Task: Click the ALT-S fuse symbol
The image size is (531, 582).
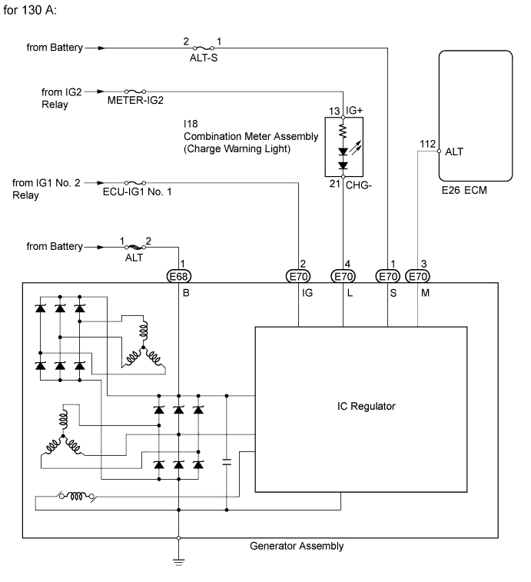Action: click(x=204, y=48)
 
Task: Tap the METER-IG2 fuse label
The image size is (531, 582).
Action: click(x=135, y=100)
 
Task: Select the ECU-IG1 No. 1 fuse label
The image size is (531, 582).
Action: click(x=138, y=191)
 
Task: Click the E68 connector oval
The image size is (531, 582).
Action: click(x=178, y=276)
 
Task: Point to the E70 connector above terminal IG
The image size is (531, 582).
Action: click(x=298, y=276)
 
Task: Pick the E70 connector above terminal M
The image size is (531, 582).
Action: click(x=417, y=276)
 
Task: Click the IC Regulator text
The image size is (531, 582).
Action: click(x=367, y=406)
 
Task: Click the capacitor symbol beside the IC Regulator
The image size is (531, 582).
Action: click(x=227, y=462)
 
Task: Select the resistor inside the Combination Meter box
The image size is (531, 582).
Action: click(x=343, y=131)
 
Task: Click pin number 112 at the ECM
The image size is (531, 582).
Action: click(x=427, y=144)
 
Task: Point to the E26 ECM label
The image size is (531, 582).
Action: click(x=464, y=190)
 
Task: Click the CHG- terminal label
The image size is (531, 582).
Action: click(x=359, y=185)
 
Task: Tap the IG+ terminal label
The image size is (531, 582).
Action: click(x=354, y=110)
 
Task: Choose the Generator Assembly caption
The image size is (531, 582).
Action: click(x=297, y=546)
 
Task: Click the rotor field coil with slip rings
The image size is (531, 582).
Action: click(x=77, y=496)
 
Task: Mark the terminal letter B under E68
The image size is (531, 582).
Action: click(x=186, y=293)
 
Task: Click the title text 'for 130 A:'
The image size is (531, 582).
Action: click(x=30, y=10)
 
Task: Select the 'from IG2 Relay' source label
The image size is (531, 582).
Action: click(x=61, y=98)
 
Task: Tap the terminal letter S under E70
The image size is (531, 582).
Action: click(x=393, y=293)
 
